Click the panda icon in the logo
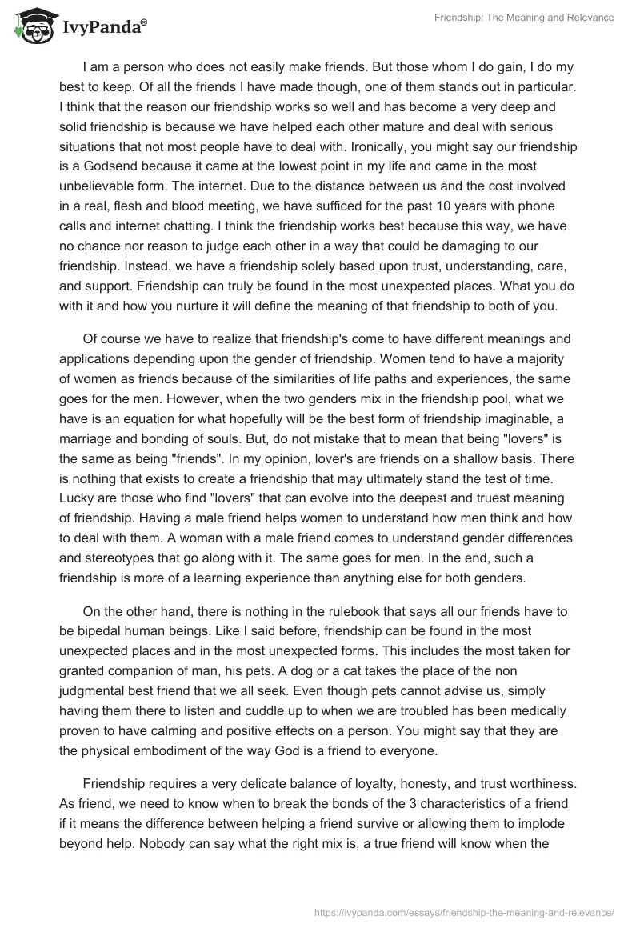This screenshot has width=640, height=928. pyautogui.click(x=30, y=27)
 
